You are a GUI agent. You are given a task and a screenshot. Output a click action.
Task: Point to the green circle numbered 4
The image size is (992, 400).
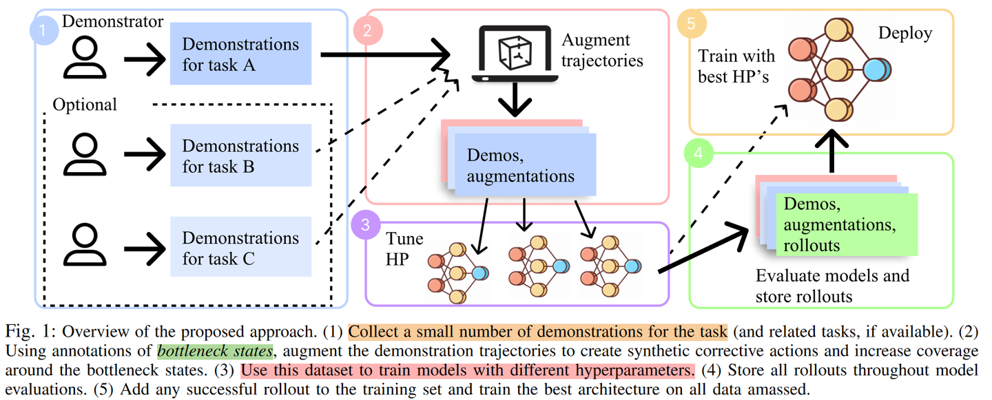[698, 154]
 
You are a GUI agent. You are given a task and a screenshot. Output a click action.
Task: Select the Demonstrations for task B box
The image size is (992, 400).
[240, 156]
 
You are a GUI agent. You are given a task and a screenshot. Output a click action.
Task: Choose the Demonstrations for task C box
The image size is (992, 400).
[240, 248]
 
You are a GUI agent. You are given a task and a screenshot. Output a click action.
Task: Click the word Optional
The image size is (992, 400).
[85, 105]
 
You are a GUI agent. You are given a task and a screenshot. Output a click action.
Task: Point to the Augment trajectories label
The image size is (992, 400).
[601, 50]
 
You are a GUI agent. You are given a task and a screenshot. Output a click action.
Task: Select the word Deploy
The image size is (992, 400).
[905, 33]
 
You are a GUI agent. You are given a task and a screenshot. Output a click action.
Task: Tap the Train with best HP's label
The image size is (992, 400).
[736, 66]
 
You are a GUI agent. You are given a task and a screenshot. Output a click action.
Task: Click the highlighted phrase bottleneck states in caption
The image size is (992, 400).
[215, 351]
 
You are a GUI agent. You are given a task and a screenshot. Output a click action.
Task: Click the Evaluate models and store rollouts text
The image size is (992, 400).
[832, 286]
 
